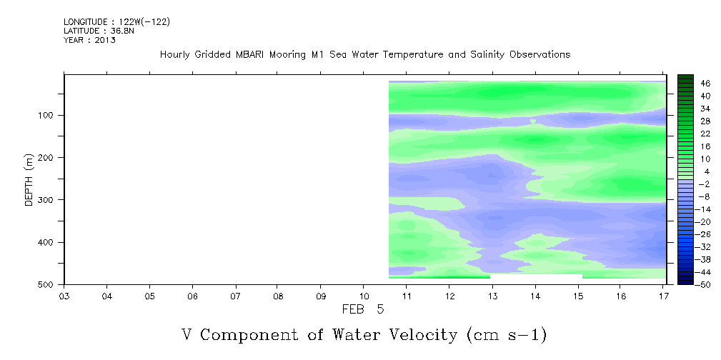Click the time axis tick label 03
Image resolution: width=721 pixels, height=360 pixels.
pos(64,296)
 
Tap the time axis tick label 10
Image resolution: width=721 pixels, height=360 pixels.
pos(364,296)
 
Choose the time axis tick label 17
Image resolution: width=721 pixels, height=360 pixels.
pos(664,296)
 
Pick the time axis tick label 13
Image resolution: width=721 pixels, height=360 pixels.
pos(492,296)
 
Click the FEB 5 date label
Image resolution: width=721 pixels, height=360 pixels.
pos(363,310)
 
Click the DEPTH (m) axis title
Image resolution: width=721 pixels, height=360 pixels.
pos(29,180)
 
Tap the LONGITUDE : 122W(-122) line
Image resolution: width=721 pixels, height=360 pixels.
pos(116,22)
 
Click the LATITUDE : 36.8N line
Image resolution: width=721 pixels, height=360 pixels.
pos(99,31)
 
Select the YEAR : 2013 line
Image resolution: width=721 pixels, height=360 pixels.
pos(89,40)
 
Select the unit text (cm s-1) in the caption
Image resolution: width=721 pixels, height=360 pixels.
pos(507,335)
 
